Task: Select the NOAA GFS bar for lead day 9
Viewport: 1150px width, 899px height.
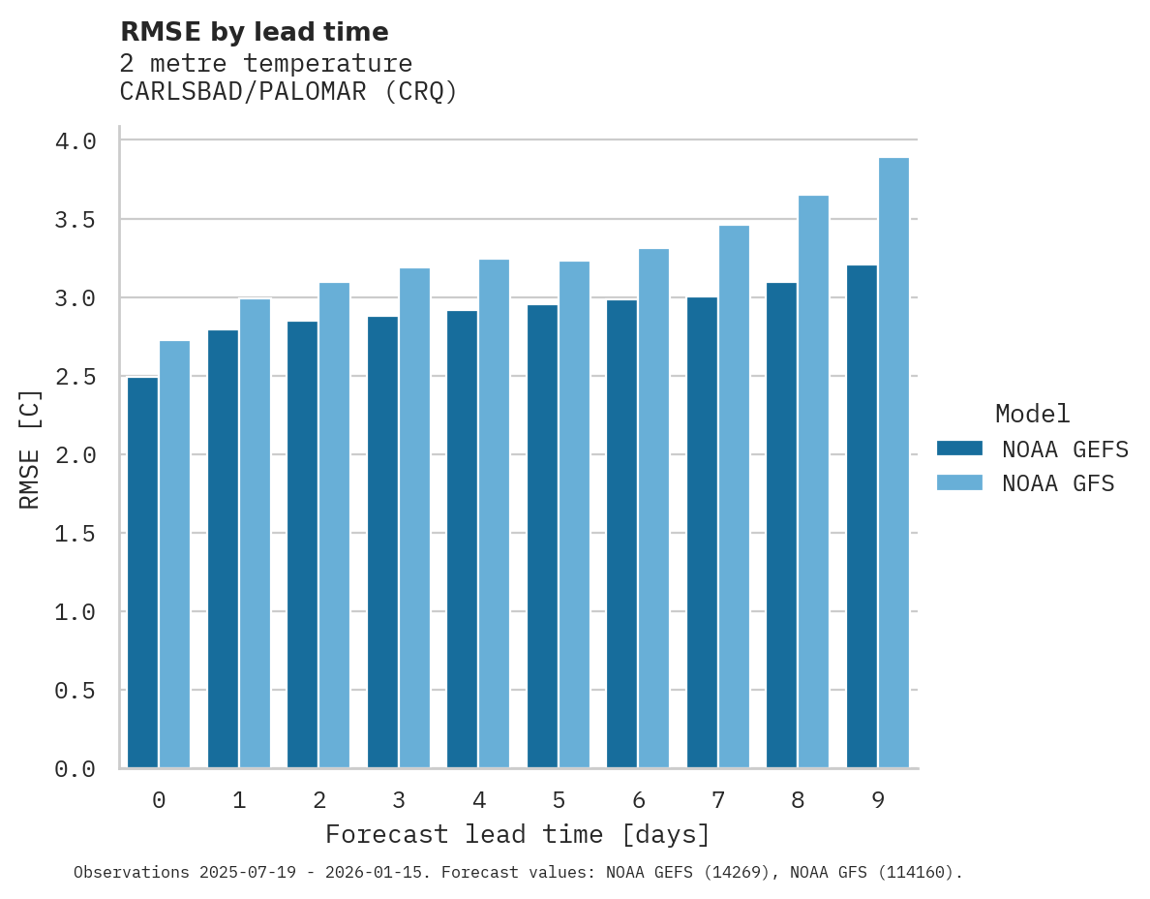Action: click(893, 463)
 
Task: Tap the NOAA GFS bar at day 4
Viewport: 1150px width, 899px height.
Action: click(494, 513)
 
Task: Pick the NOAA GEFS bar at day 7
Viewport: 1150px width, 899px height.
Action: click(702, 533)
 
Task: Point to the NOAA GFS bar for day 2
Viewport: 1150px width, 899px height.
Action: click(334, 525)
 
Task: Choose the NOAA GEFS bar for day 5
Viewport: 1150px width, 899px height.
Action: click(542, 537)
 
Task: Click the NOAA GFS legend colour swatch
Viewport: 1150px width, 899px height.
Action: click(959, 482)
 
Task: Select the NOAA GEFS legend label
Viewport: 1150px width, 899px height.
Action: click(1065, 449)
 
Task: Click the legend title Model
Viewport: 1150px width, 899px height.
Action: click(1032, 414)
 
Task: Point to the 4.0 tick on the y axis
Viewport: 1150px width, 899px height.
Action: click(76, 141)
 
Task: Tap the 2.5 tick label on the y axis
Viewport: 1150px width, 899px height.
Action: click(76, 376)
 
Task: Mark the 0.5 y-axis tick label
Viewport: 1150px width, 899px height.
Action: click(76, 691)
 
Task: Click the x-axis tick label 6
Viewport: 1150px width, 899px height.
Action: click(638, 800)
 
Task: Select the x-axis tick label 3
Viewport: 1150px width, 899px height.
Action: click(398, 800)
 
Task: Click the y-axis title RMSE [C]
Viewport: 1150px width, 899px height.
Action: click(30, 449)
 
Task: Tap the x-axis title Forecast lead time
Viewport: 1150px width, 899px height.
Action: click(518, 834)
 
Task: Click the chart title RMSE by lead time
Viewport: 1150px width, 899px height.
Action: click(254, 32)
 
